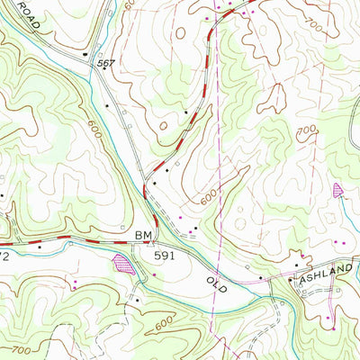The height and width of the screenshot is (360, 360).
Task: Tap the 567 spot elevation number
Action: pyautogui.click(x=106, y=62)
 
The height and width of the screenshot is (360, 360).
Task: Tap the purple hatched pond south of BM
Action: pyautogui.click(x=122, y=264)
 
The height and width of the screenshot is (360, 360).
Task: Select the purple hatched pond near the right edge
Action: pyautogui.click(x=338, y=189)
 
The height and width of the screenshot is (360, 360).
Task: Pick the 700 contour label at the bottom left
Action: pyautogui.click(x=23, y=346)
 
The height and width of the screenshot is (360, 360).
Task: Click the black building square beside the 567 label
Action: pyautogui.click(x=87, y=57)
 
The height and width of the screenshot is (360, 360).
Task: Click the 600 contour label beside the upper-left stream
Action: pyautogui.click(x=94, y=129)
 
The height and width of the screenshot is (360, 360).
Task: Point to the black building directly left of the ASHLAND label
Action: pyautogui.click(x=290, y=280)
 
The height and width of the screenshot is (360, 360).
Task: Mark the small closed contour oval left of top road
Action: pyautogui.click(x=181, y=32)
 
